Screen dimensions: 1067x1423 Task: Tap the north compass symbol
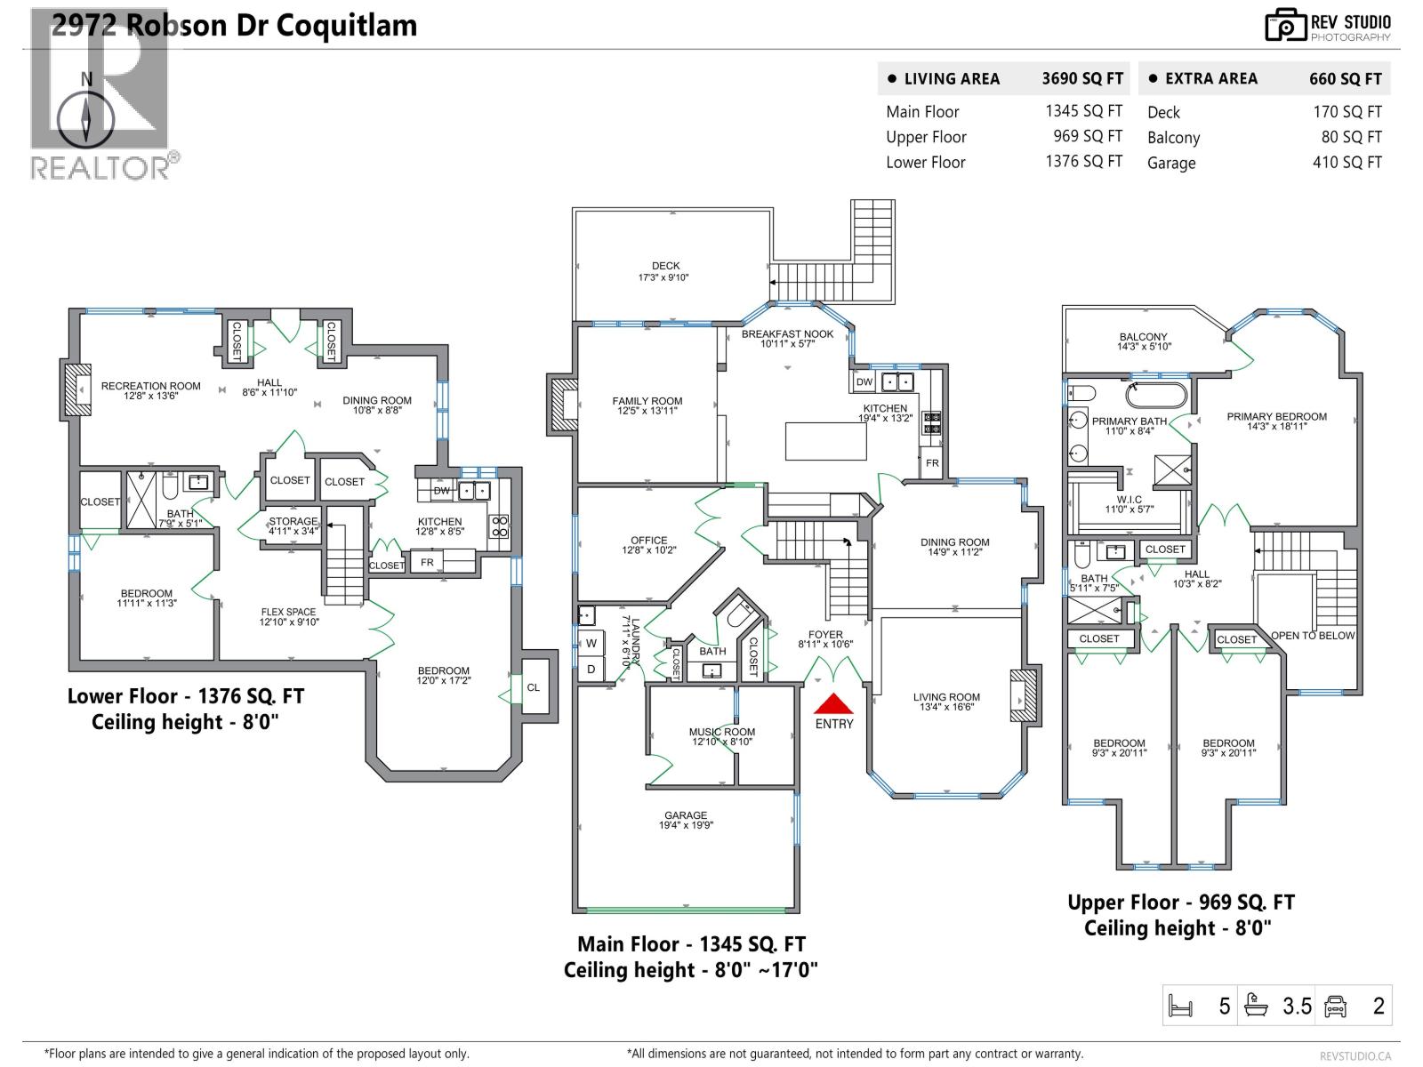[86, 118]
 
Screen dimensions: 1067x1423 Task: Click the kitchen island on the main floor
[825, 441]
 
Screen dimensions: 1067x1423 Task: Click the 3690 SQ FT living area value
[1082, 78]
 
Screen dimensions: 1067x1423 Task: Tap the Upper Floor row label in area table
[926, 137]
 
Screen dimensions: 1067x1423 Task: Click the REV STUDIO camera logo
[1286, 25]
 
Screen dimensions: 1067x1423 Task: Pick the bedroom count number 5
[1225, 1006]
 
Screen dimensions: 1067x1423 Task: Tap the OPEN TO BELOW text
[1312, 636]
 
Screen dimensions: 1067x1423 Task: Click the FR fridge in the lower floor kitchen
[427, 562]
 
